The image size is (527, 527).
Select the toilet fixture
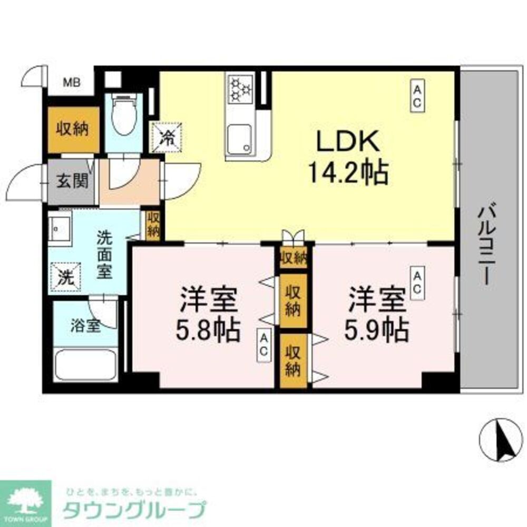coord(124,116)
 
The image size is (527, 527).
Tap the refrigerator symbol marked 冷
coord(167,137)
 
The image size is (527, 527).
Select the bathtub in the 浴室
coord(85,364)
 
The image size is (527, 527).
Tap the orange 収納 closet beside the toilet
coord(73,129)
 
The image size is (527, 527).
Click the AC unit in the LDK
coord(417,95)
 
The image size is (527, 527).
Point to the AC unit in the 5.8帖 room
coord(263,346)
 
